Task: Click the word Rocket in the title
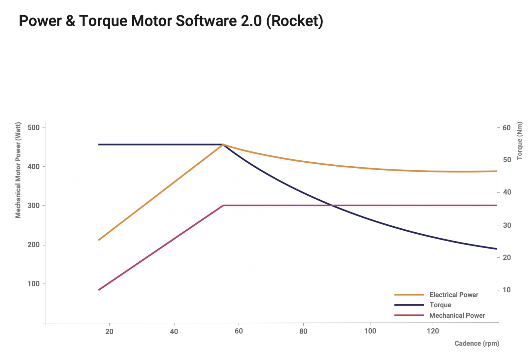tap(295, 21)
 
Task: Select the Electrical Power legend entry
tap(436, 295)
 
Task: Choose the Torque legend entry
tap(423, 305)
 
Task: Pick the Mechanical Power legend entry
tap(439, 315)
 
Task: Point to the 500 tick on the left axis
tap(33, 128)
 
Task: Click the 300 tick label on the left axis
tap(33, 206)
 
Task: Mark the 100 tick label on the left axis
tap(33, 284)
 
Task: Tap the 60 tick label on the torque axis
tap(507, 128)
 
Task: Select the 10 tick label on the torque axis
tap(507, 290)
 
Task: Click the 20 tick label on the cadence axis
tap(109, 332)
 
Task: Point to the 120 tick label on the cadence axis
tap(433, 331)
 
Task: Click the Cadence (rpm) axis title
tap(477, 344)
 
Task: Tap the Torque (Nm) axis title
tap(519, 141)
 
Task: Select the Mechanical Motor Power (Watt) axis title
tap(18, 170)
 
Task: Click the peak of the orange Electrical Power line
tap(223, 145)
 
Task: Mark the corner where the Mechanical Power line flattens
tap(223, 205)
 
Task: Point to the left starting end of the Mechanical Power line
tap(99, 290)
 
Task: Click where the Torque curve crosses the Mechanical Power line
tap(332, 205)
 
